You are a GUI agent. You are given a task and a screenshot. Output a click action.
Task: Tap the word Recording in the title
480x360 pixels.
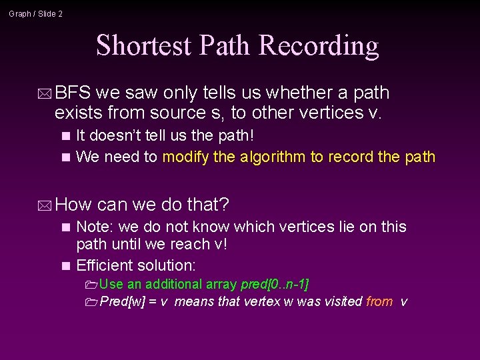319,45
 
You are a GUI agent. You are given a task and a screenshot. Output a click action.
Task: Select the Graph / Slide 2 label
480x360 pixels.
36,13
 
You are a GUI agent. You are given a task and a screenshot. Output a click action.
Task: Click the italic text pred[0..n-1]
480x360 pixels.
274,285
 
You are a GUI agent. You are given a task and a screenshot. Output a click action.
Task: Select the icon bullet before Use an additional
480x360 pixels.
91,285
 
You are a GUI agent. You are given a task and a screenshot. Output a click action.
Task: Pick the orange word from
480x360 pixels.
379,302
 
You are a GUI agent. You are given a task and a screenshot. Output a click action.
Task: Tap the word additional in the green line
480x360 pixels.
171,285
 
